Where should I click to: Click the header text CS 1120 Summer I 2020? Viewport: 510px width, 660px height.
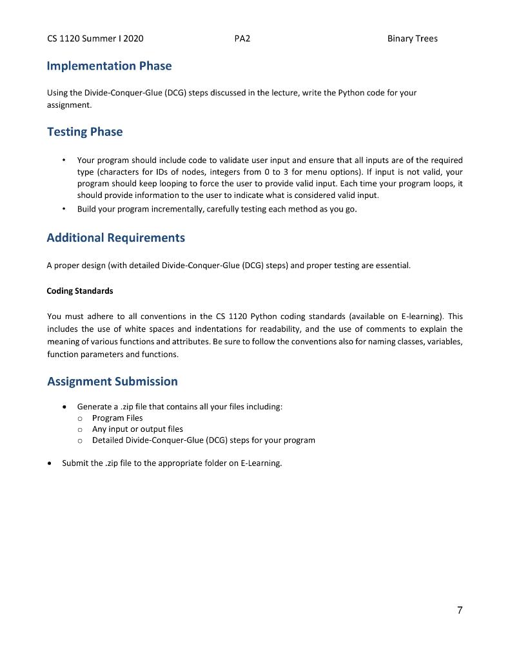click(x=95, y=39)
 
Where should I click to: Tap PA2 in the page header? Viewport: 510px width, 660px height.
click(x=242, y=39)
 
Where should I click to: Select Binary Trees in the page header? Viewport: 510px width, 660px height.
click(x=412, y=39)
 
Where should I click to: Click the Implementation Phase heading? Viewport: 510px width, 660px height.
click(x=109, y=66)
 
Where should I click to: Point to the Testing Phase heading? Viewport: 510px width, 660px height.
click(x=84, y=132)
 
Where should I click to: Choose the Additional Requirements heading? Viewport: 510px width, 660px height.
click(x=115, y=238)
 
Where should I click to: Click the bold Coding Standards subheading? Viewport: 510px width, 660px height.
click(x=80, y=291)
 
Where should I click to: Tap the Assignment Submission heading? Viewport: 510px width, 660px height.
click(x=112, y=382)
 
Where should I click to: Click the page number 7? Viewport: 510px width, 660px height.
click(x=460, y=610)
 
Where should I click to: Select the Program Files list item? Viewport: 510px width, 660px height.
click(x=117, y=418)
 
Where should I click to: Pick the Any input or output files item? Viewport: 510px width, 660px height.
click(x=137, y=429)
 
